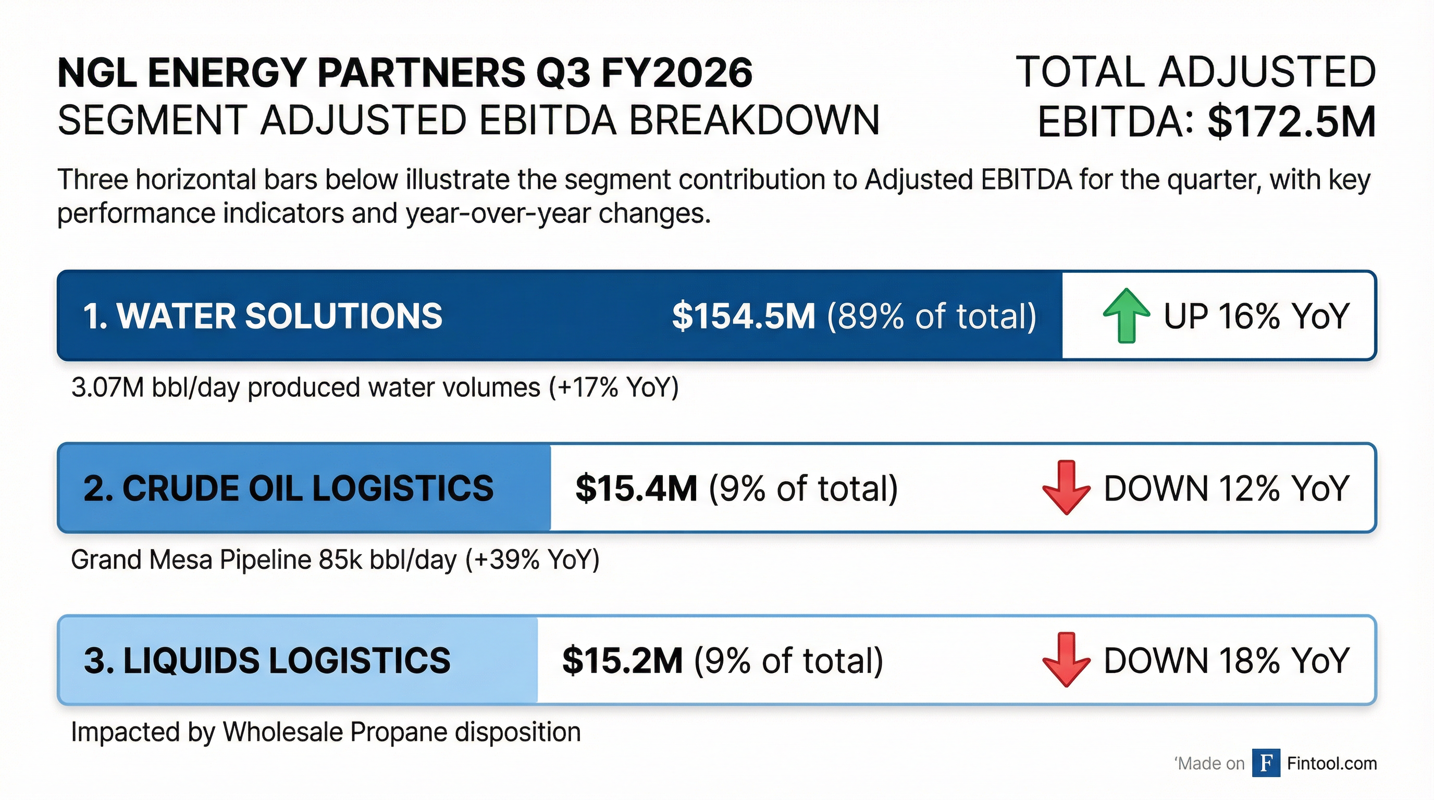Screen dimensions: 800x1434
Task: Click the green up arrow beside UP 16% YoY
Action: point(1126,316)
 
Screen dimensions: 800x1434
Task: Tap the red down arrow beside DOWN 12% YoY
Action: point(1066,488)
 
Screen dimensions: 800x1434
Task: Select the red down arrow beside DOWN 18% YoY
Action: point(1066,660)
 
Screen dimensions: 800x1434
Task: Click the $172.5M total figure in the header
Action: point(1292,122)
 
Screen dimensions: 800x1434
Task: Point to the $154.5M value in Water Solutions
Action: point(744,316)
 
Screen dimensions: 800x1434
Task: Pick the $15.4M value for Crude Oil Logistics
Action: point(636,489)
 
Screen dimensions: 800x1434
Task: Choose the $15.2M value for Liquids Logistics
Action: point(622,660)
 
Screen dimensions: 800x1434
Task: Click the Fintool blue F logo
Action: point(1266,764)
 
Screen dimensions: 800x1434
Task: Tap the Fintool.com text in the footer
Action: point(1331,764)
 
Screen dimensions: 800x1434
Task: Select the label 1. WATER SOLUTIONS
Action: point(262,316)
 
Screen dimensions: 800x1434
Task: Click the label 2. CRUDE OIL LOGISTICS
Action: point(288,489)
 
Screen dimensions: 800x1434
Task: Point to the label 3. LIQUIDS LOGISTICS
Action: point(267,660)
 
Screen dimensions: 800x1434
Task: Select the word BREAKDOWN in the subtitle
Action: point(755,120)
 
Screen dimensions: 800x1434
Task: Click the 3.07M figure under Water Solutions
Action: point(108,387)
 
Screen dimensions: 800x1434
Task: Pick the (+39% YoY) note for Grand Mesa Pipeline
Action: point(532,560)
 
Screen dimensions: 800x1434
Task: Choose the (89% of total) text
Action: point(931,316)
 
